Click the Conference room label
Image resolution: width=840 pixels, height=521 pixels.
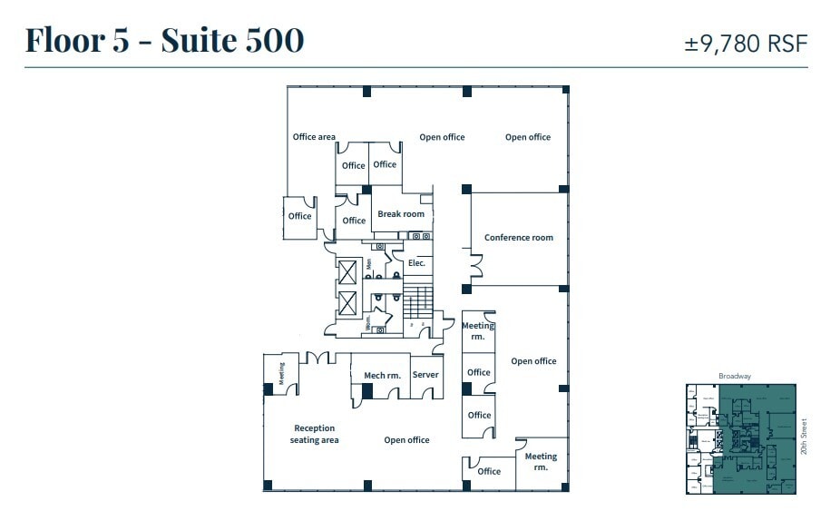pos(518,238)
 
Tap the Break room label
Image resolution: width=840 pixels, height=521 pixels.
pos(401,215)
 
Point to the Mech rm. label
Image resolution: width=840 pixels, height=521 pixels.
pos(382,375)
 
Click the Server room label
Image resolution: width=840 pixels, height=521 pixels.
pos(425,375)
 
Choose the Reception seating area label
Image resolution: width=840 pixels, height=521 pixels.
pos(314,434)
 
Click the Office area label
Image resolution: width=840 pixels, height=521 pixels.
pos(314,137)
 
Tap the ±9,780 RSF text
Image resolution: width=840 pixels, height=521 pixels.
pos(745,43)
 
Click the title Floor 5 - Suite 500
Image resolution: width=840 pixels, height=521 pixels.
pos(164,40)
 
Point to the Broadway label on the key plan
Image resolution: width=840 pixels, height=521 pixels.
pos(735,377)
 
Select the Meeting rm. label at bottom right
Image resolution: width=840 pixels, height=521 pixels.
pos(541,462)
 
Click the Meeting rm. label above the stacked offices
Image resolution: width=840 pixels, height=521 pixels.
pos(478,330)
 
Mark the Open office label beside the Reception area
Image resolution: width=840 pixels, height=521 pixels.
pos(406,440)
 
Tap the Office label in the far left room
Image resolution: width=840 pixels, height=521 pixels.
pos(299,216)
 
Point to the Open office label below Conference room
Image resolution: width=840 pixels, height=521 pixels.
pos(533,361)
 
